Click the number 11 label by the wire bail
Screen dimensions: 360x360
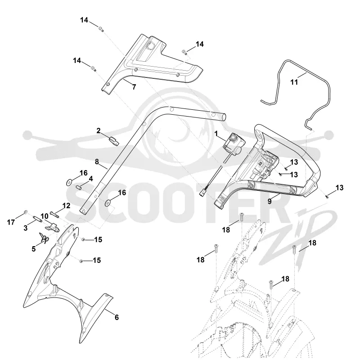pos(294,82)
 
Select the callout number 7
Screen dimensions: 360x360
pos(134,87)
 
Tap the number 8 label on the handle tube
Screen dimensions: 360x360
pos(97,162)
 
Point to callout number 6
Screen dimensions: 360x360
pos(117,317)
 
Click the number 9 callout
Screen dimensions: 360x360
pos(270,201)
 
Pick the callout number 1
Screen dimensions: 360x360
pos(216,133)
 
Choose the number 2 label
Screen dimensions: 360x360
pos(99,130)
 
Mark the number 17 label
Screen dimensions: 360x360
pos(11,222)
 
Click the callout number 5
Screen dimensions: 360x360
pos(34,249)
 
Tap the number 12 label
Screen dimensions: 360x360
pos(66,206)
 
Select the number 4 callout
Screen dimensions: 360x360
pos(91,179)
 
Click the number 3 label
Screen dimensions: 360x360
pos(26,228)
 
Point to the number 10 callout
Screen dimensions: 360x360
pos(45,216)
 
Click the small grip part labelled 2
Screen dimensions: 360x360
pos(114,141)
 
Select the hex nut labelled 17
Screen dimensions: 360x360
pos(26,211)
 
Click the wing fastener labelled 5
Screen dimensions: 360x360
pos(44,238)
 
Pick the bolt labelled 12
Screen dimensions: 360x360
pos(54,215)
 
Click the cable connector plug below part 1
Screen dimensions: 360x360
pos(202,194)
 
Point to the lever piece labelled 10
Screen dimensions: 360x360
pos(53,227)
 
